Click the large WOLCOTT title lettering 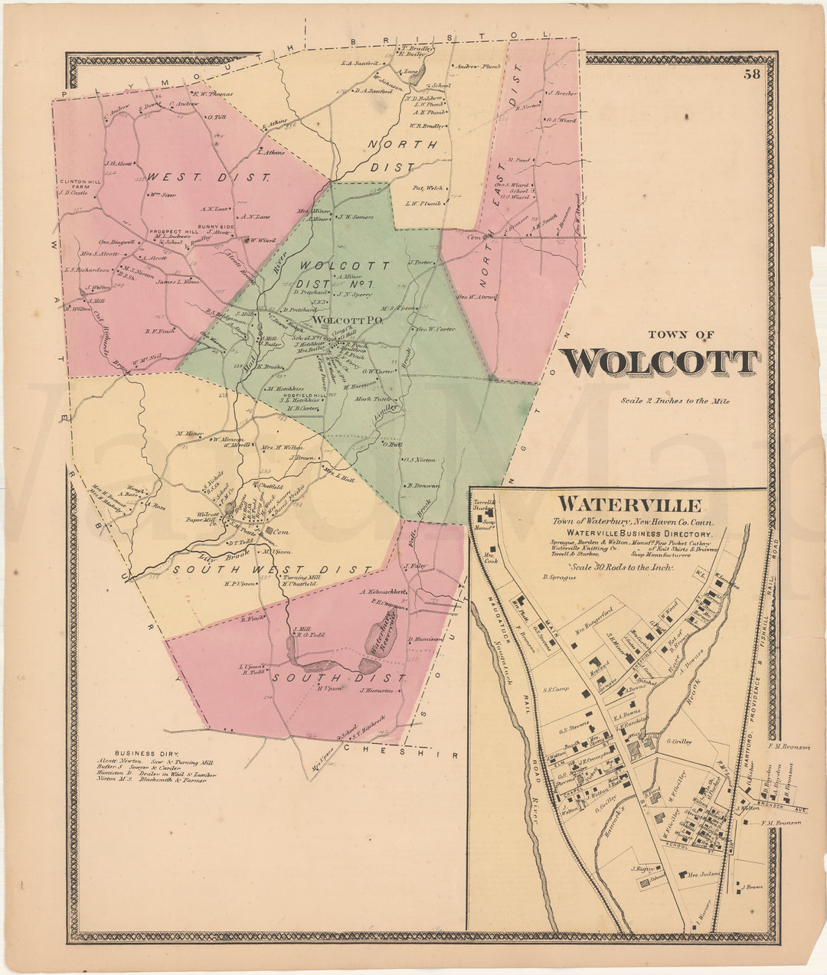(659, 363)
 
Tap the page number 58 (752, 74)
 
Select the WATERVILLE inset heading (629, 505)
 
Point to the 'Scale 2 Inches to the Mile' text (675, 401)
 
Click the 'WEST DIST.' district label (208, 178)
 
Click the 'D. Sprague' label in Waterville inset (558, 577)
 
